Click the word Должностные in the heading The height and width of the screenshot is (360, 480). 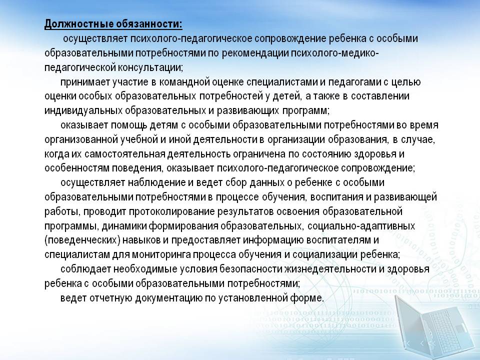[x=78, y=24]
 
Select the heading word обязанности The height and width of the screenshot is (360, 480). [x=148, y=24]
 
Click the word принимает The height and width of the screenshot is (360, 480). [x=85, y=82]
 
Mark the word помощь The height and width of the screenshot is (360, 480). [x=129, y=125]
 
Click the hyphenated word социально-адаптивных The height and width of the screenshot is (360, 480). [x=361, y=226]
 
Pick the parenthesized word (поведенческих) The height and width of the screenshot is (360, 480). [x=82, y=240]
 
